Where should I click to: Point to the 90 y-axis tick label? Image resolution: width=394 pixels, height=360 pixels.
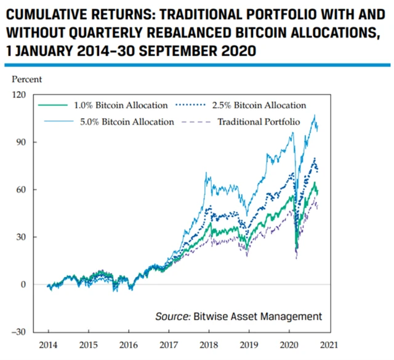pyautogui.click(x=22, y=142)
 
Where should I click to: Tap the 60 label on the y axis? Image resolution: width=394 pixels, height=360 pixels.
pyautogui.click(x=22, y=190)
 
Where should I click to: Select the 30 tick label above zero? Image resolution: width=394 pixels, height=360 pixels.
pyautogui.click(x=22, y=237)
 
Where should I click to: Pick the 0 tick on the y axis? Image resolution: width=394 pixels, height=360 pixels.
pyautogui.click(x=24, y=284)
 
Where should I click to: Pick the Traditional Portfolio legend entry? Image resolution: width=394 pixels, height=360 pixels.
pyautogui.click(x=258, y=122)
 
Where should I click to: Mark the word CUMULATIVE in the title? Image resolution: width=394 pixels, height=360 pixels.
pyautogui.click(x=45, y=12)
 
